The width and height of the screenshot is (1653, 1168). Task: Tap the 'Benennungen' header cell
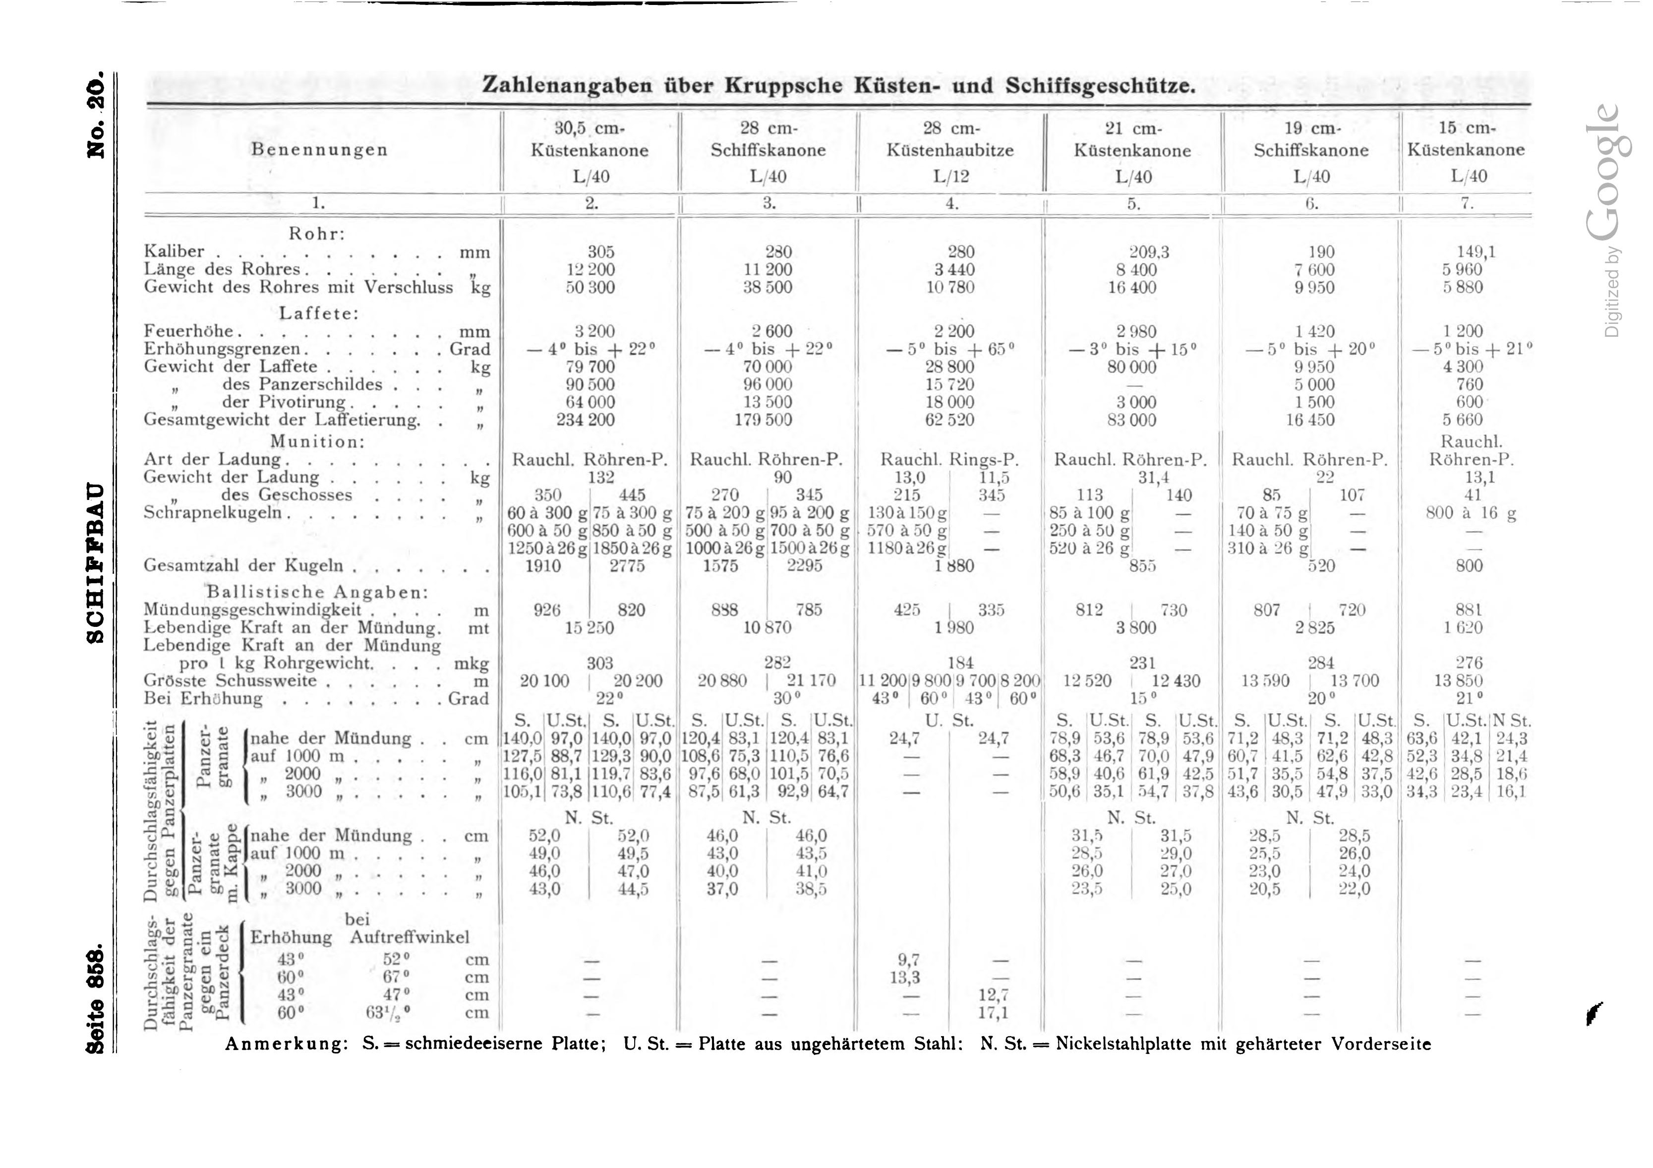[x=320, y=150]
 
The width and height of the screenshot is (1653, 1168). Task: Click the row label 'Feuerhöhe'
[x=189, y=331]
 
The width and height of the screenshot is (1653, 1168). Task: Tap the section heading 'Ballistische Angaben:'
[x=317, y=592]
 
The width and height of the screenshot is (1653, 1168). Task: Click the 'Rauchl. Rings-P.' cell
[x=950, y=459]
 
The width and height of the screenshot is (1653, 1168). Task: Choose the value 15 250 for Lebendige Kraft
[x=589, y=628]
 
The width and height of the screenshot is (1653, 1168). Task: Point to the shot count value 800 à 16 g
[x=1471, y=513]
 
